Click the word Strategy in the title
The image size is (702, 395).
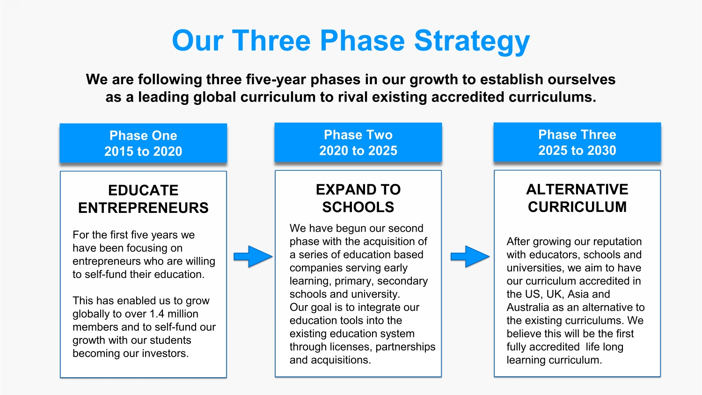pos(472,41)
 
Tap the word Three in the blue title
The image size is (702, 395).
pos(271,41)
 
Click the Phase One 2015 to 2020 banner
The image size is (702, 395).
pos(143,143)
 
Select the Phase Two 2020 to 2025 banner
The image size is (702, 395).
pos(358,143)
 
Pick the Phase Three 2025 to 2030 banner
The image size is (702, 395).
pos(577,142)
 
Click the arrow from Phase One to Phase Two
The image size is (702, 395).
pos(253,256)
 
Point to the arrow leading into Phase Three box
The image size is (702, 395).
pos(470,256)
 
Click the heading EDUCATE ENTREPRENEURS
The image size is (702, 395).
pos(143,199)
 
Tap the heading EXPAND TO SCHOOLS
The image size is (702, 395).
pos(358,198)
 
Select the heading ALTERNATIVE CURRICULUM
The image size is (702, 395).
pos(577,198)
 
